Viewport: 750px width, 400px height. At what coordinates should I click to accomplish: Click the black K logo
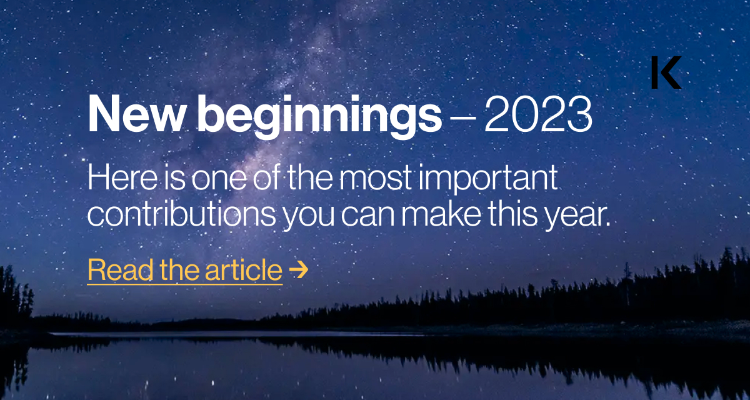(x=665, y=72)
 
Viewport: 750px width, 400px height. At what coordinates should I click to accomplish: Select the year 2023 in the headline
(x=537, y=116)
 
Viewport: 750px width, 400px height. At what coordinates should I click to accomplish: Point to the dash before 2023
(x=462, y=117)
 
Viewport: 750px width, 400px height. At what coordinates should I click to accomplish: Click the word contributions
(x=181, y=214)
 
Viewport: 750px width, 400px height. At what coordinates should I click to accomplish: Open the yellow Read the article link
(x=185, y=270)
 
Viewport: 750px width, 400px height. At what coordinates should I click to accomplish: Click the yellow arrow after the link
(x=299, y=270)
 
